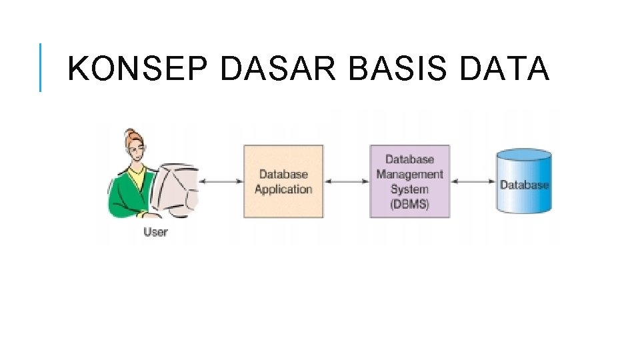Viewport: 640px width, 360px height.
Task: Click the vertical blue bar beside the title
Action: pyautogui.click(x=40, y=67)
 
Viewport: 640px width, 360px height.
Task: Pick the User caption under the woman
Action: pyautogui.click(x=155, y=232)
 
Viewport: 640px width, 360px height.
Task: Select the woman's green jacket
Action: pyautogui.click(x=127, y=193)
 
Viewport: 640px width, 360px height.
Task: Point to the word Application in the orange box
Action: pyautogui.click(x=283, y=189)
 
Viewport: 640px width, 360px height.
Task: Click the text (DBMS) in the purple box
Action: pyautogui.click(x=409, y=204)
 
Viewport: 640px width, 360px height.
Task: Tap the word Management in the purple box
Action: pyautogui.click(x=409, y=174)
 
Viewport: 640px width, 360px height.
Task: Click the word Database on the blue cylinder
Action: pyautogui.click(x=524, y=185)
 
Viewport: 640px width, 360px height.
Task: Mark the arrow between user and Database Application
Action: pyautogui.click(x=221, y=181)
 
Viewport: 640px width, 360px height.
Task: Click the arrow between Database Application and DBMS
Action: pyautogui.click(x=347, y=181)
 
